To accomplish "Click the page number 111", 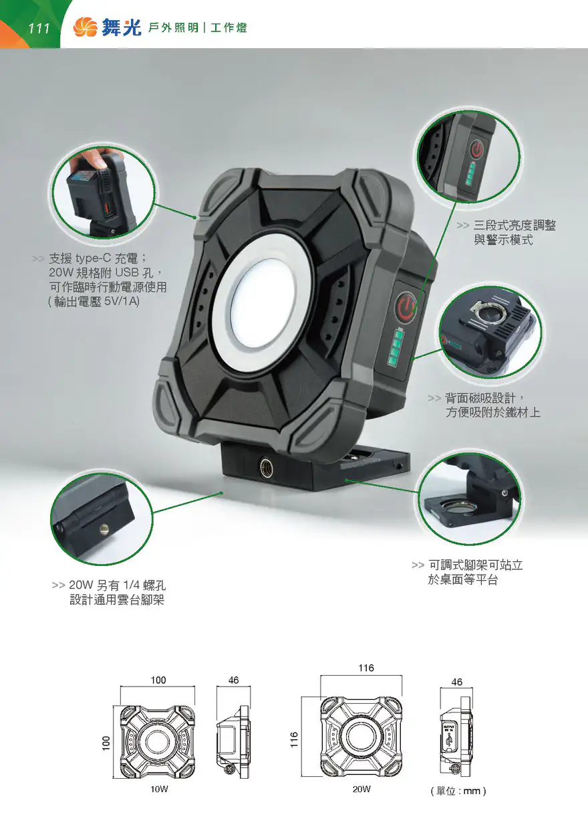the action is [x=39, y=28].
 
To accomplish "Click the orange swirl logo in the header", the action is [x=86, y=27].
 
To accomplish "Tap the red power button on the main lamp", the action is [x=406, y=306].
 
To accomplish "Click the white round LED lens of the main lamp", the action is [x=263, y=304].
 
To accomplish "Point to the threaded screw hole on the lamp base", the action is [x=266, y=465].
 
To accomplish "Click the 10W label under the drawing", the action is [x=159, y=789].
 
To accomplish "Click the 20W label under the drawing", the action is [x=361, y=789].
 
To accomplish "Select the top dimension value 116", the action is [x=366, y=668].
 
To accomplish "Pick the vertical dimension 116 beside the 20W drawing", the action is [x=294, y=740].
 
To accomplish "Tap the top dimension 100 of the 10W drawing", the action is [x=158, y=680].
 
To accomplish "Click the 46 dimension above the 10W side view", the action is [x=233, y=680].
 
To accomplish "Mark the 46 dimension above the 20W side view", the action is [x=457, y=682].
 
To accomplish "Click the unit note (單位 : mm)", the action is [x=458, y=791].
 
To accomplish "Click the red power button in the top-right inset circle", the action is [x=476, y=149].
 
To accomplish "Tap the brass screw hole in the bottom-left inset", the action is [x=105, y=527].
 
